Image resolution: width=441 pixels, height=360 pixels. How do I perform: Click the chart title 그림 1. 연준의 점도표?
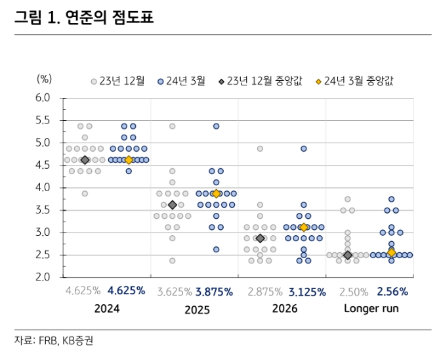tap(84, 18)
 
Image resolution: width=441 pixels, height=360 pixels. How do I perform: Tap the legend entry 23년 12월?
tap(118, 81)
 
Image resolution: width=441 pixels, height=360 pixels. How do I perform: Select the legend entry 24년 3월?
tap(182, 81)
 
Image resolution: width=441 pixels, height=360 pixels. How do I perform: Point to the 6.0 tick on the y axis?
tap(43, 98)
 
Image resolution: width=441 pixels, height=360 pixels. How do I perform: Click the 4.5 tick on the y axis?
tap(43, 165)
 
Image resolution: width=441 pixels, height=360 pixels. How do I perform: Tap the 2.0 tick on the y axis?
tap(43, 277)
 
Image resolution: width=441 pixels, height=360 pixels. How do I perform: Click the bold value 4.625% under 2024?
tap(126, 290)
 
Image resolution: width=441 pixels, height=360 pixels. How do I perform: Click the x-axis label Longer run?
tap(371, 308)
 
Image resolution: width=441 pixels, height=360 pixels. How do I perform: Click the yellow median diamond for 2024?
tap(129, 160)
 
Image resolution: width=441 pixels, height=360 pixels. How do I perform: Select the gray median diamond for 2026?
tap(261, 238)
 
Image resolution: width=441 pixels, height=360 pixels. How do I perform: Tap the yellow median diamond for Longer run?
tap(392, 252)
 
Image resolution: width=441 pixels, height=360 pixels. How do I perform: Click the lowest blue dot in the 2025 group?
tap(216, 250)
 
